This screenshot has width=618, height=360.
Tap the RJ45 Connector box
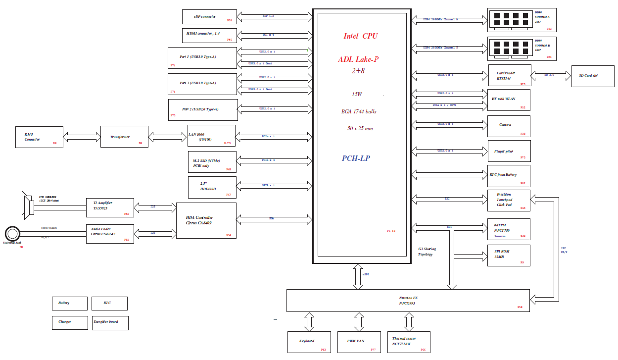click(x=39, y=137)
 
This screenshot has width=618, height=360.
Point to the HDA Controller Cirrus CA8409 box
click(x=206, y=221)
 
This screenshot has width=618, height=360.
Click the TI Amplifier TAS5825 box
click(x=110, y=207)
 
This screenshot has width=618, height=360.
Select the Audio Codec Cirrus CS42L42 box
click(x=110, y=233)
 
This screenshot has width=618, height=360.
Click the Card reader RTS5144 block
click(x=510, y=75)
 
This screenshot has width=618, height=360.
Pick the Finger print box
click(x=509, y=151)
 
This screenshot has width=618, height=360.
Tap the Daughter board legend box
click(x=110, y=323)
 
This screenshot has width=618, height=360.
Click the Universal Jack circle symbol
click(x=12, y=233)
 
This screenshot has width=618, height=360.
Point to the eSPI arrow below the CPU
click(x=357, y=276)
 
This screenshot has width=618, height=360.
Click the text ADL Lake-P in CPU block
click(x=358, y=59)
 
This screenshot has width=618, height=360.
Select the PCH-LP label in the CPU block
click(x=356, y=158)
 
